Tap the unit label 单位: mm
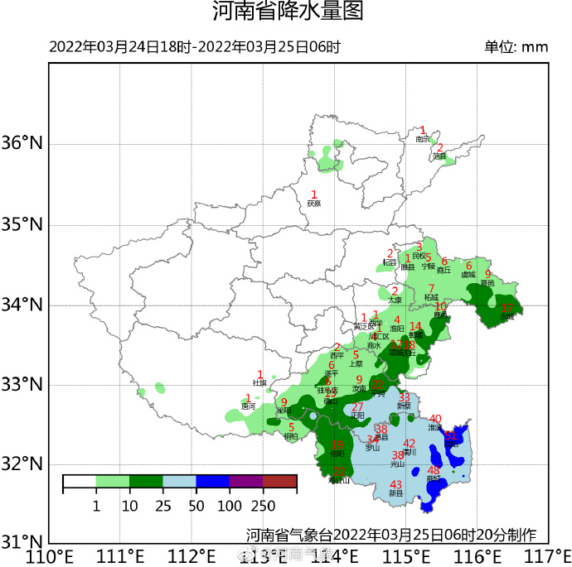pyautogui.click(x=516, y=46)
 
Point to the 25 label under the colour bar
pyautogui.click(x=162, y=505)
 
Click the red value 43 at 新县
pyautogui.click(x=395, y=485)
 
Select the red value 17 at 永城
pyautogui.click(x=507, y=309)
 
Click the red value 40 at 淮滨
pyautogui.click(x=435, y=419)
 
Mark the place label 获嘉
pyautogui.click(x=313, y=204)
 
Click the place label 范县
pyautogui.click(x=439, y=156)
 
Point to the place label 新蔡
pyautogui.click(x=404, y=406)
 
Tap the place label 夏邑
pyautogui.click(x=487, y=283)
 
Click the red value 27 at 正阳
pyautogui.click(x=357, y=407)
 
